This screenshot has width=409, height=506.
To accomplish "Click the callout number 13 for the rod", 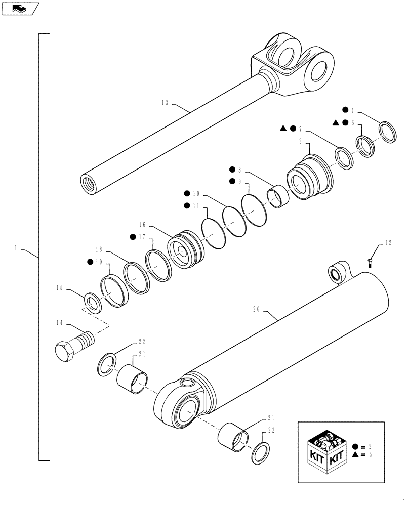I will (165, 103).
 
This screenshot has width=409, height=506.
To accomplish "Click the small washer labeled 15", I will (92, 304).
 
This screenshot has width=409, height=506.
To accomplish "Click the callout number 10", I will (196, 193).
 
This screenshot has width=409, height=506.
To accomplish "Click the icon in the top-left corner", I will (20, 9).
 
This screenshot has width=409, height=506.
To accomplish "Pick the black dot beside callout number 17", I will (133, 236).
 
